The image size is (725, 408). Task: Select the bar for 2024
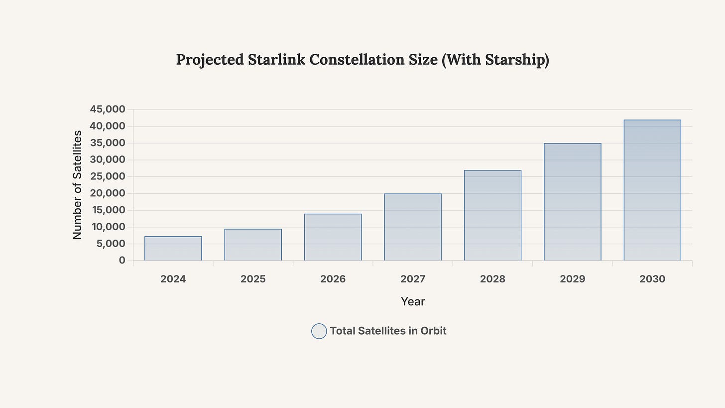tap(173, 249)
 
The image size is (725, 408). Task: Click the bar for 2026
tap(333, 237)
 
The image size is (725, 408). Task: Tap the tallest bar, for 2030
tap(652, 190)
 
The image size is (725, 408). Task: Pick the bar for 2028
tap(492, 215)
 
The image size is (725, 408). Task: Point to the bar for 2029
tap(573, 202)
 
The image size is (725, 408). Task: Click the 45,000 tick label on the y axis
tap(108, 109)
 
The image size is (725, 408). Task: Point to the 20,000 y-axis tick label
tap(108, 193)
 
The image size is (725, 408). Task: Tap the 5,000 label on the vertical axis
tap(111, 244)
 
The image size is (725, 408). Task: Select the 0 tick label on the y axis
tap(122, 261)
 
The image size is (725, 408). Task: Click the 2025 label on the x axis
tap(253, 279)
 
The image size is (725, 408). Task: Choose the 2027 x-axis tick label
tap(413, 279)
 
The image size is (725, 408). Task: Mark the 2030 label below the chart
tap(652, 279)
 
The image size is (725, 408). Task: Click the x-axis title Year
tap(413, 301)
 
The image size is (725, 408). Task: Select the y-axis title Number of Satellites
tap(77, 185)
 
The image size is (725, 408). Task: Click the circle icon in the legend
tap(319, 331)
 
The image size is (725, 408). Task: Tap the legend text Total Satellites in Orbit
tap(388, 331)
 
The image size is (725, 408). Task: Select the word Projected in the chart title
tap(209, 60)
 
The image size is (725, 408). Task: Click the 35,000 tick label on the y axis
tap(108, 143)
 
